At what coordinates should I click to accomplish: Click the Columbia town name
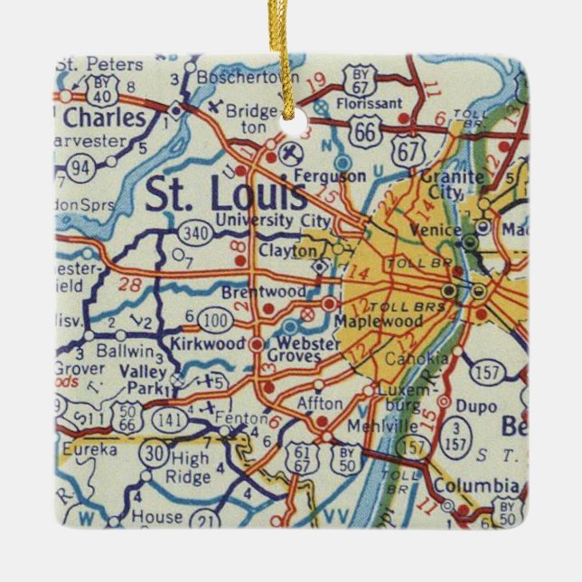tap(464, 486)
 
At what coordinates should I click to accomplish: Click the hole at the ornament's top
tap(292, 120)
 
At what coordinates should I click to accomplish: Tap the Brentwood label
tap(262, 292)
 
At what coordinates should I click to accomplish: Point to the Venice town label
tap(428, 230)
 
